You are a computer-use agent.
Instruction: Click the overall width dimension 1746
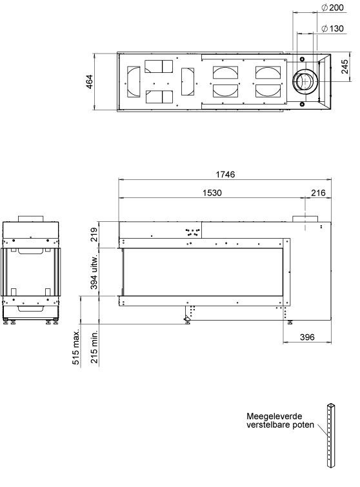(x=225, y=174)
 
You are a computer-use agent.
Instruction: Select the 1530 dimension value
(x=212, y=193)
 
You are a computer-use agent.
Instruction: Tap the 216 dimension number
(x=318, y=193)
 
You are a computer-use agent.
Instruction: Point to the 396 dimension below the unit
(x=307, y=337)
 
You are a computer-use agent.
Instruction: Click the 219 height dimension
(x=94, y=235)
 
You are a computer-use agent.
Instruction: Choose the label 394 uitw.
(x=94, y=271)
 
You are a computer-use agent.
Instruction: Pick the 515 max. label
(x=75, y=346)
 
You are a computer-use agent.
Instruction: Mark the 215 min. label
(x=94, y=346)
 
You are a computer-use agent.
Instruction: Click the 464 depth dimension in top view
(x=89, y=82)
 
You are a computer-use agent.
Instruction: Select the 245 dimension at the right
(x=345, y=67)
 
